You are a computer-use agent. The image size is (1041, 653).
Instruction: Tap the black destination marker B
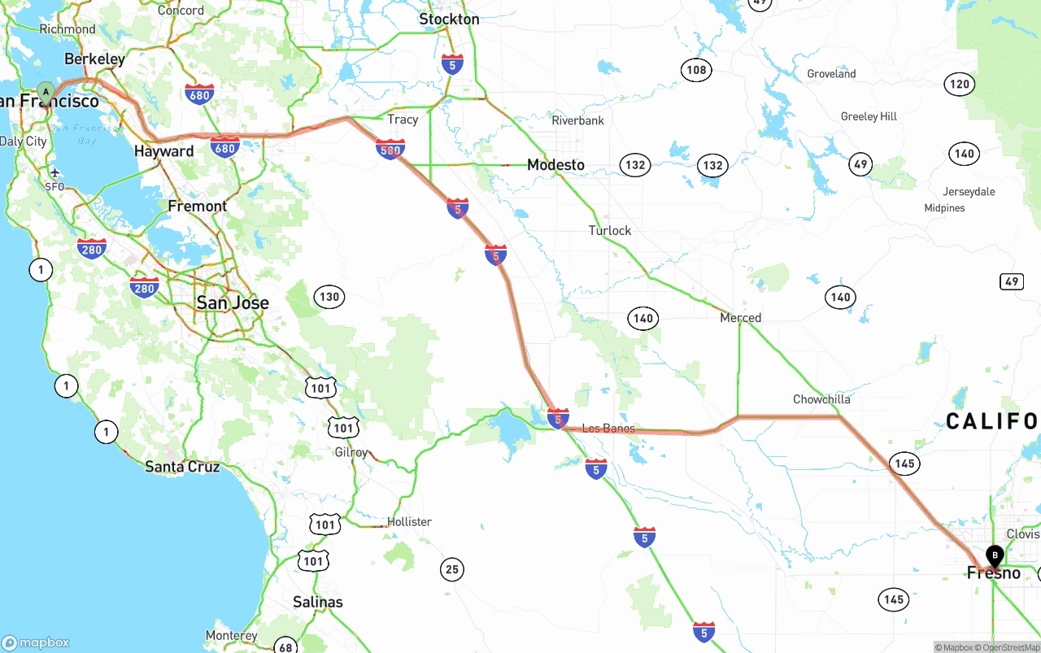coord(995,555)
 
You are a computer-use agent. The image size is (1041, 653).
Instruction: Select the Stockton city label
coord(449,19)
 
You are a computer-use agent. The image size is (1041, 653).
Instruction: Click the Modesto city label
coord(555,165)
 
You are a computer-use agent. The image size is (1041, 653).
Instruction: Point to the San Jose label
coord(233,303)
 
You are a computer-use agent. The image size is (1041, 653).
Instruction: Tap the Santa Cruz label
coord(182,467)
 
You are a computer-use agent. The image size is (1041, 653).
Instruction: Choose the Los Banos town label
coord(608,428)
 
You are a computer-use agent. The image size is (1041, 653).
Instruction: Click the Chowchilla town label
coord(821,399)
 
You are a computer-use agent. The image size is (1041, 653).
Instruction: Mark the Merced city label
coord(740,318)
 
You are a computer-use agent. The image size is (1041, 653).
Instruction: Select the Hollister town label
coord(409,521)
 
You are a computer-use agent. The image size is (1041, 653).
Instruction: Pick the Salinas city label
coord(318,603)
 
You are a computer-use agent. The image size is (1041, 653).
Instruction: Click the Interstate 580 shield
coord(390,150)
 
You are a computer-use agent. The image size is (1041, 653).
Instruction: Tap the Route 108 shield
coord(696,70)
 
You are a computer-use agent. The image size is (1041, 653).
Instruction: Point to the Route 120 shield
coord(960,84)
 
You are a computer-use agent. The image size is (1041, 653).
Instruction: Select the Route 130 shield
coord(329,297)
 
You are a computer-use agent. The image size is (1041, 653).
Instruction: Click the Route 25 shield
coord(452,569)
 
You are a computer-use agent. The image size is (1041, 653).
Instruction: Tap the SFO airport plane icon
coord(54,172)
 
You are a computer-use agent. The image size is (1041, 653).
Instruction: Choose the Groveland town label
coord(831,74)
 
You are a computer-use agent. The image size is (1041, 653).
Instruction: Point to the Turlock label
coord(610,231)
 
